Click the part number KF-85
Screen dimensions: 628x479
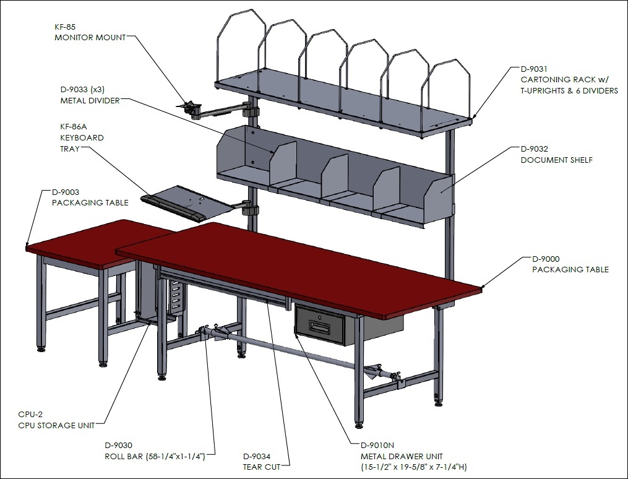(65, 27)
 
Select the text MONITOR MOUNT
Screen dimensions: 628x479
(90, 38)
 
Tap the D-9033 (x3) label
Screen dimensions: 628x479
(82, 89)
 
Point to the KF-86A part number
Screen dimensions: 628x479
(73, 127)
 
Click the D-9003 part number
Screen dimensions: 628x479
(66, 192)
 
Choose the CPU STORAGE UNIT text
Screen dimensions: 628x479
(56, 425)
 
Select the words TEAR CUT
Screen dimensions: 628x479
(262, 467)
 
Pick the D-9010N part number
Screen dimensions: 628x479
(377, 445)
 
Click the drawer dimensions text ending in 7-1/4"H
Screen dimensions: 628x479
(414, 467)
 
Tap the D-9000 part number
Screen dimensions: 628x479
(546, 259)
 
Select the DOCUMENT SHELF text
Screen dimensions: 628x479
(557, 160)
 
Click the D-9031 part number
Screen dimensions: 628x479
(534, 69)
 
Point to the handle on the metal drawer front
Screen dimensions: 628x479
(320, 329)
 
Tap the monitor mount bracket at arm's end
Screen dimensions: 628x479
(189, 108)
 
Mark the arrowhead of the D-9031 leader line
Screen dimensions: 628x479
(473, 116)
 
